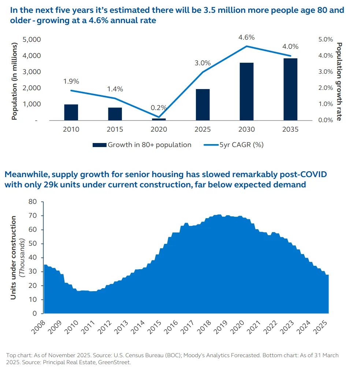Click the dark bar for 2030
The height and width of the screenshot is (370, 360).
(246, 92)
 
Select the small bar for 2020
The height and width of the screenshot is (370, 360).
(159, 119)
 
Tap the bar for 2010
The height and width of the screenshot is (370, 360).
(71, 112)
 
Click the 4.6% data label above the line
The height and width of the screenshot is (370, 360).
(246, 37)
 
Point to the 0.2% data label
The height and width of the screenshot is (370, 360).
(159, 108)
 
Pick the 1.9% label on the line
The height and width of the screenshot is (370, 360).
(71, 81)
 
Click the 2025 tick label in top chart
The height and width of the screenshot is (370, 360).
(203, 129)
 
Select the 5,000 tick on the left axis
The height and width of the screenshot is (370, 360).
(32, 40)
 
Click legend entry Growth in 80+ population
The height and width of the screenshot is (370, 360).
(149, 145)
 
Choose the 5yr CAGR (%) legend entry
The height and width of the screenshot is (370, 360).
(241, 145)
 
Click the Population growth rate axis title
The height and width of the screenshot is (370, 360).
(339, 81)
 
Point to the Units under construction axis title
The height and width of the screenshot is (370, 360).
(13, 257)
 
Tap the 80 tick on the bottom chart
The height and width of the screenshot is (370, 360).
(33, 202)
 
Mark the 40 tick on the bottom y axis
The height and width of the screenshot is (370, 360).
(33, 258)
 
